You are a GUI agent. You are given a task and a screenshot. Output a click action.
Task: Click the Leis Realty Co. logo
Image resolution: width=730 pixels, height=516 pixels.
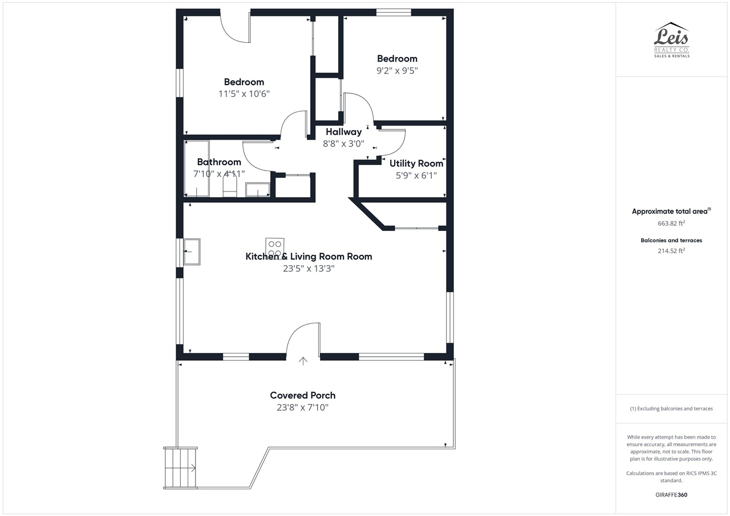coord(672,40)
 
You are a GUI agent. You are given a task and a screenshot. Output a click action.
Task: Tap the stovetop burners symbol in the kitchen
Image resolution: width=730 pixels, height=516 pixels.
coord(275,248)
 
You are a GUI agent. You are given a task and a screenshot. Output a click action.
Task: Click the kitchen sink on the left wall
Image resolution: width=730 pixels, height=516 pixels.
coord(192,251)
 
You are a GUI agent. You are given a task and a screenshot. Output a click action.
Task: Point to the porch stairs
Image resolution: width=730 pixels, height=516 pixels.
coord(180,468)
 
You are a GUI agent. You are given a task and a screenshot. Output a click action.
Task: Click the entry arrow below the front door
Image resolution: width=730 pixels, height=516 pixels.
coord(303,361)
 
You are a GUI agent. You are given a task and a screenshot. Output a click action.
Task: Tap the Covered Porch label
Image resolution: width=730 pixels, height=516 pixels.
coord(303,395)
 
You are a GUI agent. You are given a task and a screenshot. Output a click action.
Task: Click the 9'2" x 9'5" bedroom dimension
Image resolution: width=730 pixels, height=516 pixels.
coord(397,70)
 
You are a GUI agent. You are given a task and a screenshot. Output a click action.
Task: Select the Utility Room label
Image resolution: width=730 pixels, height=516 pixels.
coord(416,163)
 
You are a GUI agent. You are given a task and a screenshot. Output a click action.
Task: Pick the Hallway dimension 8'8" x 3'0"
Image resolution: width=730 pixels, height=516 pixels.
coord(343,143)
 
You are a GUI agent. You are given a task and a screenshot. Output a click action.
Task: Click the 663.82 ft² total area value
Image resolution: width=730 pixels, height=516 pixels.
coord(671,223)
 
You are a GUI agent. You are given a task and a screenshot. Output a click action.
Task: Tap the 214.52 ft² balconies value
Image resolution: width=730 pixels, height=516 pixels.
coord(671,250)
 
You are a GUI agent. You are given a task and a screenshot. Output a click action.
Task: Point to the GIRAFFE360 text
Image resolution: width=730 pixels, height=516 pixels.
coord(671,494)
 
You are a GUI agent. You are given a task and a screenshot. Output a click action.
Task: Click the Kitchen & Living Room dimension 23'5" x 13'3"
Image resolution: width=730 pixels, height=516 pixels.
coord(309,268)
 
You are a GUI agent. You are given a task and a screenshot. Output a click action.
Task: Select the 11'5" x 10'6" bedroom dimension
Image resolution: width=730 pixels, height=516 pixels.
coord(244,94)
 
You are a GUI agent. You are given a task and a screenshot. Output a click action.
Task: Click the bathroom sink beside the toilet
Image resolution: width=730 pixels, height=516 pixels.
coord(257,190)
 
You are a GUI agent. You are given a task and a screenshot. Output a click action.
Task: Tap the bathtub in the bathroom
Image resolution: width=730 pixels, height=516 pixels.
coord(197,169)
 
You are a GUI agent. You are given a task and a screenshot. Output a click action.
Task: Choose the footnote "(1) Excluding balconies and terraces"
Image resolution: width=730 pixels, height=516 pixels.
coord(671,408)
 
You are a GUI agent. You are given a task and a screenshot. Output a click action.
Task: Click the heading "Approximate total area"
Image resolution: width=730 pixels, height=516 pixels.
coord(670,211)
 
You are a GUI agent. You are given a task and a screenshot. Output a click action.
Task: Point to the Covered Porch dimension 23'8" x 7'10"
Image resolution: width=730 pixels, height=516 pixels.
coord(303,407)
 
